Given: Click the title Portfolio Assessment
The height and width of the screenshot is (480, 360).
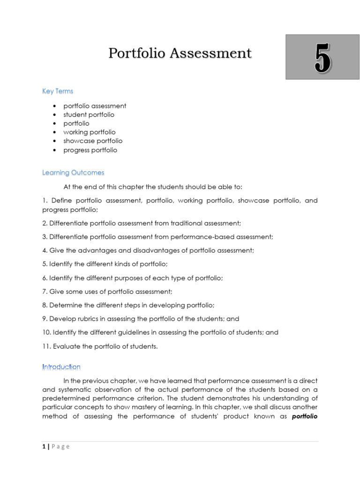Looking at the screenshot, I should [x=180, y=53].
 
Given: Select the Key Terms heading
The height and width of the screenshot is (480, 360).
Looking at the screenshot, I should [x=58, y=91].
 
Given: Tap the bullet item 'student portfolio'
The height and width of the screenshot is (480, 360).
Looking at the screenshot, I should [x=89, y=114].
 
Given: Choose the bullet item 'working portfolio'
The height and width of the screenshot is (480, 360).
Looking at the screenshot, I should [x=89, y=132].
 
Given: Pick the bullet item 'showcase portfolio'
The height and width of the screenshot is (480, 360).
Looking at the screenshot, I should [x=93, y=141].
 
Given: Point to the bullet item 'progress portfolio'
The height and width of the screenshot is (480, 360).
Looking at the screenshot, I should [x=90, y=150].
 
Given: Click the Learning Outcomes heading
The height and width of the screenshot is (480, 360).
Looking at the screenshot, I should [x=73, y=173].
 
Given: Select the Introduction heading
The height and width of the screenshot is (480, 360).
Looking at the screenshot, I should [x=61, y=367].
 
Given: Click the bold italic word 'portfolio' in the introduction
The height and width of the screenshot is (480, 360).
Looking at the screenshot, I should [x=305, y=416].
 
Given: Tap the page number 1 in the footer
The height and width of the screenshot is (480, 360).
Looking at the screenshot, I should [x=44, y=447].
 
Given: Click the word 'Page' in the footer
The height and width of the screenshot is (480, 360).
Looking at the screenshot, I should [x=60, y=447].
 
